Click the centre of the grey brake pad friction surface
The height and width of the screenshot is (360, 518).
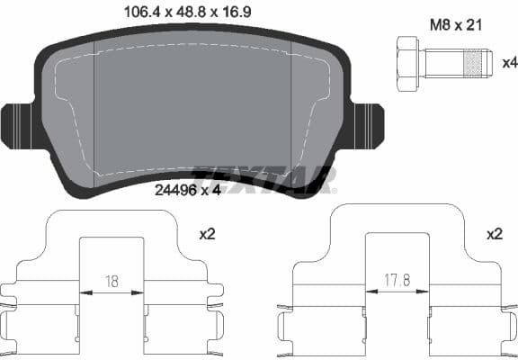[192, 108]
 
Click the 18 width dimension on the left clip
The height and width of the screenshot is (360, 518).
[111, 281]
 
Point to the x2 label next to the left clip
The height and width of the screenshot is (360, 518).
[208, 233]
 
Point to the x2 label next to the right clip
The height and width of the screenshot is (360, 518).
[494, 233]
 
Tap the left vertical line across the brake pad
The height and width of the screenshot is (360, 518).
[96, 108]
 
